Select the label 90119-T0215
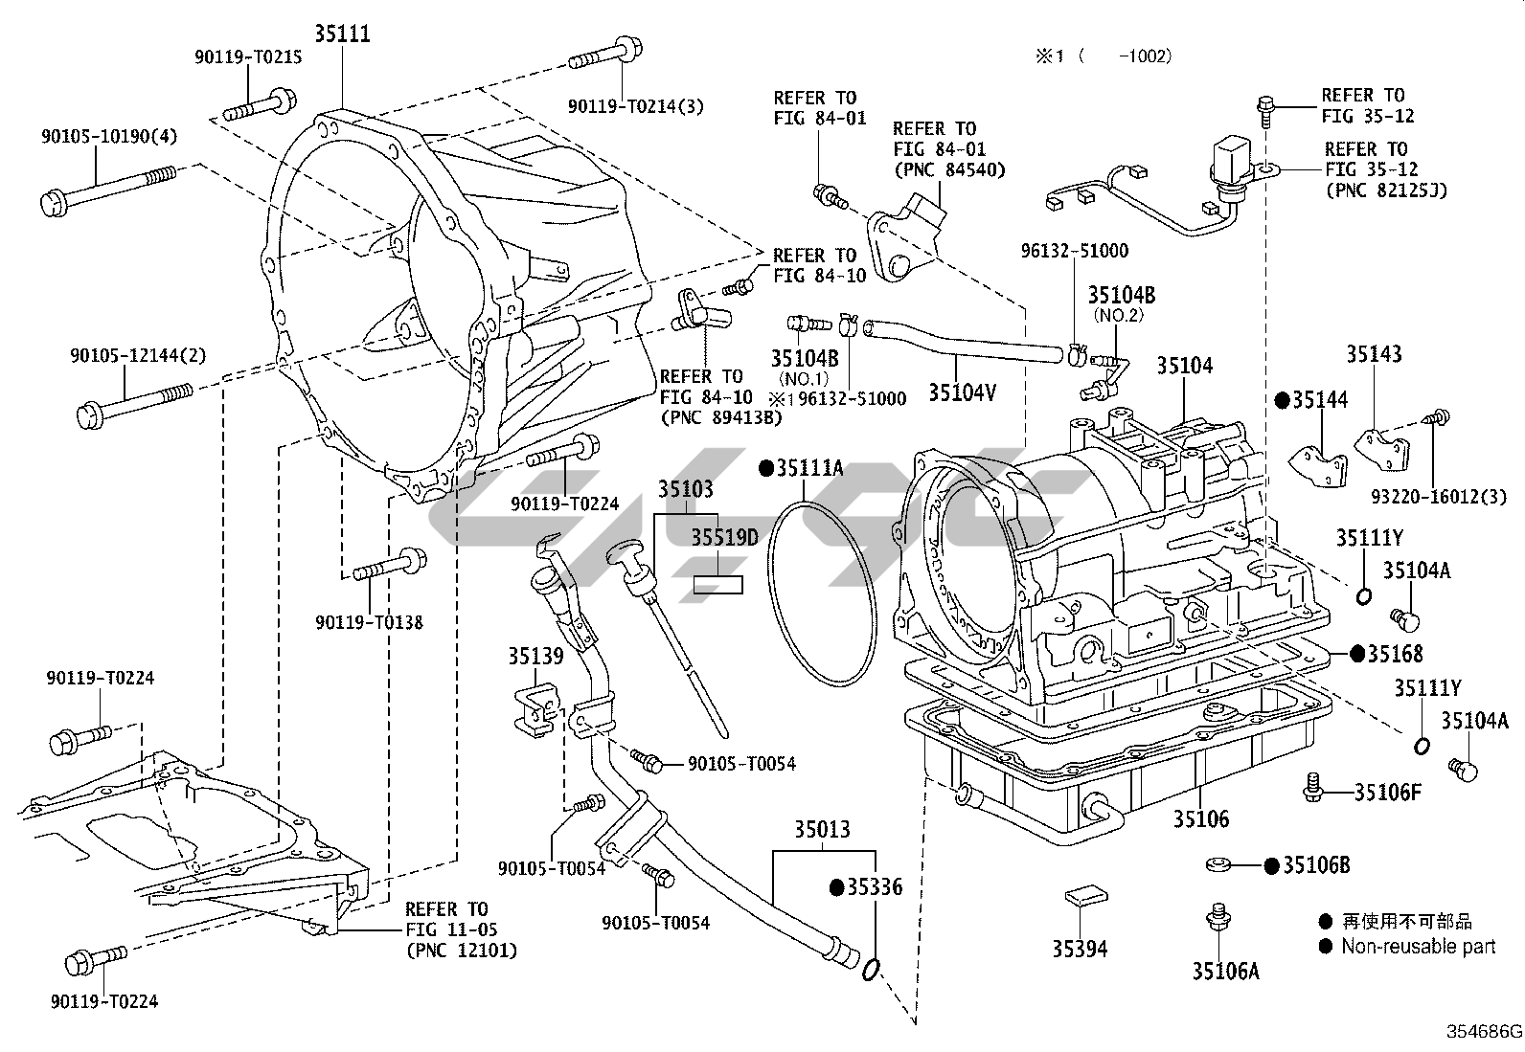(248, 57)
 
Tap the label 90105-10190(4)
(109, 136)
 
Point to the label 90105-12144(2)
(137, 355)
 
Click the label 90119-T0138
(369, 622)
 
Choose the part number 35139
(535, 656)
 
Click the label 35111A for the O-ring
(809, 468)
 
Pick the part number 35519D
(725, 538)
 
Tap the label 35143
(1374, 354)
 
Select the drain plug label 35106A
(1225, 971)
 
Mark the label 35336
(874, 887)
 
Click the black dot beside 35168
(1356, 654)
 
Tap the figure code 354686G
(1484, 1032)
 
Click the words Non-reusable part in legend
(1418, 947)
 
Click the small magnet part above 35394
(1082, 896)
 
